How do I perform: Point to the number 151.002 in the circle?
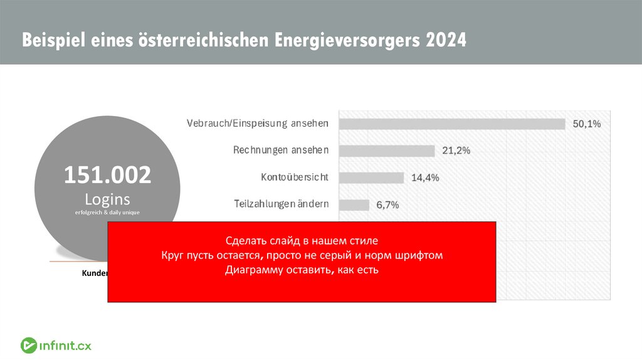click(107, 176)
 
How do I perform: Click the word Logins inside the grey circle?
click(107, 199)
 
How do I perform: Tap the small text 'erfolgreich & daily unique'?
click(107, 213)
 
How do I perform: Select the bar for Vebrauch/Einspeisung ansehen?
click(452, 124)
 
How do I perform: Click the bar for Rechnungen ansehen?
click(387, 151)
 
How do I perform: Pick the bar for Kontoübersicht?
click(371, 177)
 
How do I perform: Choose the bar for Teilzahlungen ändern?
click(354, 204)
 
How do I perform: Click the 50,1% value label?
click(587, 124)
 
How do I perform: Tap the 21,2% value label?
click(456, 151)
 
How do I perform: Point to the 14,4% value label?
click(425, 178)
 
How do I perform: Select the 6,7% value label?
click(387, 205)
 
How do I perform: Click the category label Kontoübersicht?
click(294, 177)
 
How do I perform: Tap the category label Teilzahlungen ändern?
click(281, 204)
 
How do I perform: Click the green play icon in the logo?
click(28, 344)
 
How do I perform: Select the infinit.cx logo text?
click(65, 344)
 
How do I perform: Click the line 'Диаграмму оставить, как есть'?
click(302, 270)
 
